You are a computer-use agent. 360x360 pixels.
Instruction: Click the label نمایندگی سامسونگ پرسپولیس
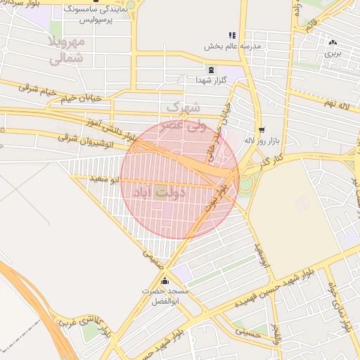click(x=98, y=16)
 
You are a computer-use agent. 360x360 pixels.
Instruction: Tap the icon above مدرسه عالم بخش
click(x=231, y=35)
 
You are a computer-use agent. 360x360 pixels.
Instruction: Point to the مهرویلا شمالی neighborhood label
click(x=66, y=50)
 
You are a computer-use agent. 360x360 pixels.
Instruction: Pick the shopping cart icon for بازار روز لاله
click(x=262, y=129)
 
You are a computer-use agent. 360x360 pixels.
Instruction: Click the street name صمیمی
click(x=153, y=259)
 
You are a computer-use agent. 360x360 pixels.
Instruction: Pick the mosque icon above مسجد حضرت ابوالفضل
click(x=165, y=281)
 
